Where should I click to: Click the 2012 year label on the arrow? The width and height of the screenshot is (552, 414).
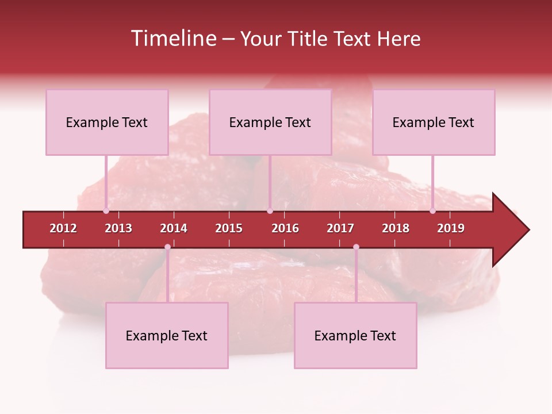tap(63, 228)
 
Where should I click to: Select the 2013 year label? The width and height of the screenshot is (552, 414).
tap(118, 228)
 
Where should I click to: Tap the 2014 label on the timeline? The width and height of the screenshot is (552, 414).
tap(174, 228)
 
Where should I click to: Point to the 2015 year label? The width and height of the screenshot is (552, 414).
tap(229, 228)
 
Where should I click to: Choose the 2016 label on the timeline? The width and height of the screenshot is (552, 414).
tap(285, 228)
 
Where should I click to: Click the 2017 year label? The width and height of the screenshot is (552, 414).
tap(340, 228)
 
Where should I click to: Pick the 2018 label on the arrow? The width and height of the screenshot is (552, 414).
tap(396, 228)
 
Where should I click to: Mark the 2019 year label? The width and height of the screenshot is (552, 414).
tap(451, 228)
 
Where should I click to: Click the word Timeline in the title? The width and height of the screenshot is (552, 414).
tap(174, 39)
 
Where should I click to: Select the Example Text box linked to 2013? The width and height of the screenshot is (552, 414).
tap(107, 122)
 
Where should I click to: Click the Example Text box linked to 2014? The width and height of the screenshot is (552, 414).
tap(167, 335)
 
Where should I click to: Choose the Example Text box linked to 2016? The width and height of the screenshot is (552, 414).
tap(270, 122)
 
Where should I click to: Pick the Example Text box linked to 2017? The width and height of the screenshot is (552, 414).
tap(355, 335)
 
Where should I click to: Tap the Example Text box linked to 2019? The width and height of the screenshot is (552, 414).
tap(434, 122)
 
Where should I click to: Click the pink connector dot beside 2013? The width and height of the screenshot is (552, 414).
tap(106, 210)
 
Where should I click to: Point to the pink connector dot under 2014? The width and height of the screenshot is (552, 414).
tap(167, 247)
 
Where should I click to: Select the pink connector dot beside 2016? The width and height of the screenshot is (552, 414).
tap(270, 210)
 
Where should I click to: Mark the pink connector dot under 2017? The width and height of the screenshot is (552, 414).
tap(356, 247)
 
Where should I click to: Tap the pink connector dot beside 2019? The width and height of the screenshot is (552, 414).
tap(432, 210)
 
